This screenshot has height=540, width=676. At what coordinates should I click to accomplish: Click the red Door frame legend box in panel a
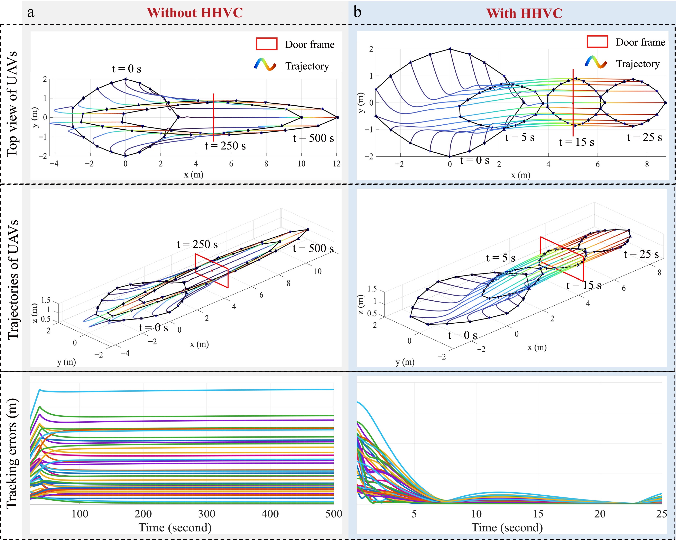[x=267, y=44]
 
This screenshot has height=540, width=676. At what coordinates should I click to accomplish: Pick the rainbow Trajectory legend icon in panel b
[x=596, y=62]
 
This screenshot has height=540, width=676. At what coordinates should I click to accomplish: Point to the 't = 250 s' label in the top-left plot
[x=225, y=146]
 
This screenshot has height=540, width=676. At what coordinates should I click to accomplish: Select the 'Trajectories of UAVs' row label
[x=13, y=280]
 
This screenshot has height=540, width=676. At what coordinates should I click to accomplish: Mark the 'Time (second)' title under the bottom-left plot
[x=175, y=528]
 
